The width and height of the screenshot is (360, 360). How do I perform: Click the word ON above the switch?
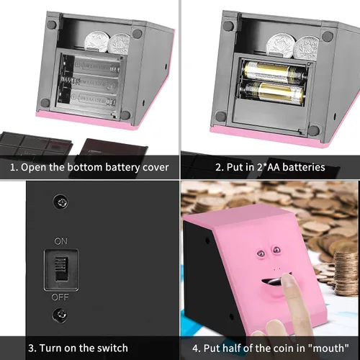tap(60, 241)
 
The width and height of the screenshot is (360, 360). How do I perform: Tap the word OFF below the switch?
tap(60, 297)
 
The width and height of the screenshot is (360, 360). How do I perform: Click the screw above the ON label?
tap(60, 202)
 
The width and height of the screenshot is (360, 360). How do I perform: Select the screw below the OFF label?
tap(60, 315)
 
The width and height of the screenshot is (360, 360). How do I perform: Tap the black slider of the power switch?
tap(61, 269)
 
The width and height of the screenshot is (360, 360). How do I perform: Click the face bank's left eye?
tap(261, 253)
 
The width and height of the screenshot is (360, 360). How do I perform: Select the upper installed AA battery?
tap(274, 71)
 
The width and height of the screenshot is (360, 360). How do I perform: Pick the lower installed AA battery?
tap(271, 92)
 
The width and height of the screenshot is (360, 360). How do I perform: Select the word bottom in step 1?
tap(84, 167)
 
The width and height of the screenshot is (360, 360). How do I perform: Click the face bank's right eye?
tap(276, 250)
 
